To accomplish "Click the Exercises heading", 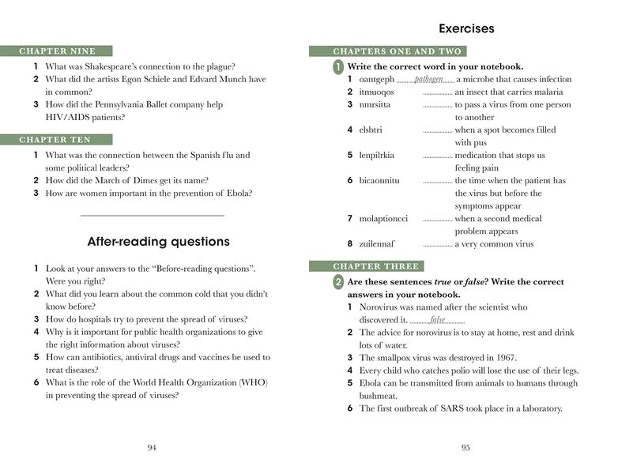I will coord(466,29).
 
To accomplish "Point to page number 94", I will coord(153,448).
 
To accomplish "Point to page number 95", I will coord(465,448).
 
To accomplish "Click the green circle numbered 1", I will coord(338,67).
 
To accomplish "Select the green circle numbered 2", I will coord(338,282).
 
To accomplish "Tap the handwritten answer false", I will coord(437,320).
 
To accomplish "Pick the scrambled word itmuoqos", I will coord(376,92).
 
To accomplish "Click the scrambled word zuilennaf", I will coord(376,244).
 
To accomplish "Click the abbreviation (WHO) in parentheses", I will coord(254,383).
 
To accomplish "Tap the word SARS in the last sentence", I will coord(447,408).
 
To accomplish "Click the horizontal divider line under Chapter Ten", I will coord(153,215).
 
